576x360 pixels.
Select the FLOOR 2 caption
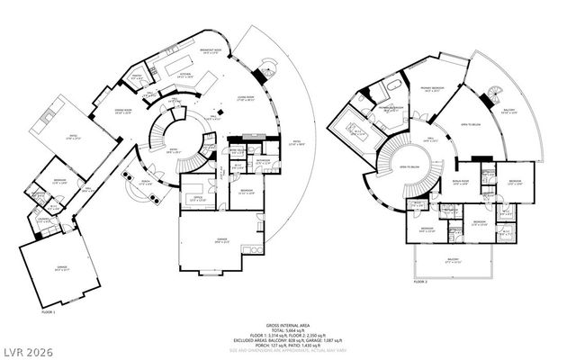tap(420, 282)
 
